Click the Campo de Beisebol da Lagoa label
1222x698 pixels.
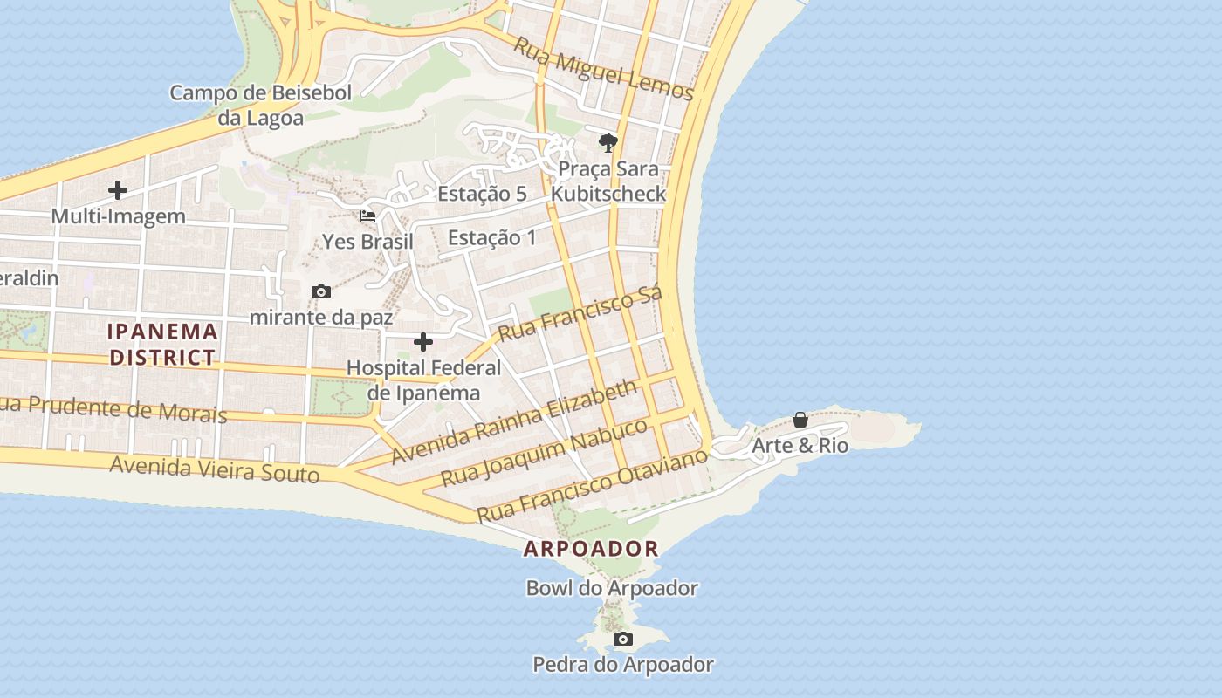pyautogui.click(x=260, y=105)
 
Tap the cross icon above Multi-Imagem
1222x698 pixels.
pyautogui.click(x=118, y=190)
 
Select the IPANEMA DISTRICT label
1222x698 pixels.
pyautogui.click(x=162, y=344)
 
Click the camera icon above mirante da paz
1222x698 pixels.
pyautogui.click(x=321, y=291)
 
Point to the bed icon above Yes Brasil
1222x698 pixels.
pyautogui.click(x=367, y=216)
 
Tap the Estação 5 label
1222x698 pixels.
pyautogui.click(x=482, y=194)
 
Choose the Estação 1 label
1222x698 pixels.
pyautogui.click(x=491, y=236)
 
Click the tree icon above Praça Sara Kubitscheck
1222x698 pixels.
pyautogui.click(x=608, y=142)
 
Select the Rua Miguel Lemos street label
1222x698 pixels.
pyautogui.click(x=602, y=69)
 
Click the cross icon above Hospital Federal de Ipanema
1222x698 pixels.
pyautogui.click(x=423, y=342)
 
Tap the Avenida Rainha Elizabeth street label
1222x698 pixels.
pyautogui.click(x=514, y=422)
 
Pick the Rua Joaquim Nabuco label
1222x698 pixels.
pyautogui.click(x=544, y=452)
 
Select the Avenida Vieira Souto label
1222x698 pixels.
pyautogui.click(x=215, y=469)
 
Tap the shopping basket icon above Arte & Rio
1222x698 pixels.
pyautogui.click(x=800, y=421)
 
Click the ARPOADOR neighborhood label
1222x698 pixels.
pyautogui.click(x=591, y=549)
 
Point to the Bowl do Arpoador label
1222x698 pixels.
pyautogui.click(x=612, y=588)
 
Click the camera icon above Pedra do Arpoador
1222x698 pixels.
pyautogui.click(x=622, y=640)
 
